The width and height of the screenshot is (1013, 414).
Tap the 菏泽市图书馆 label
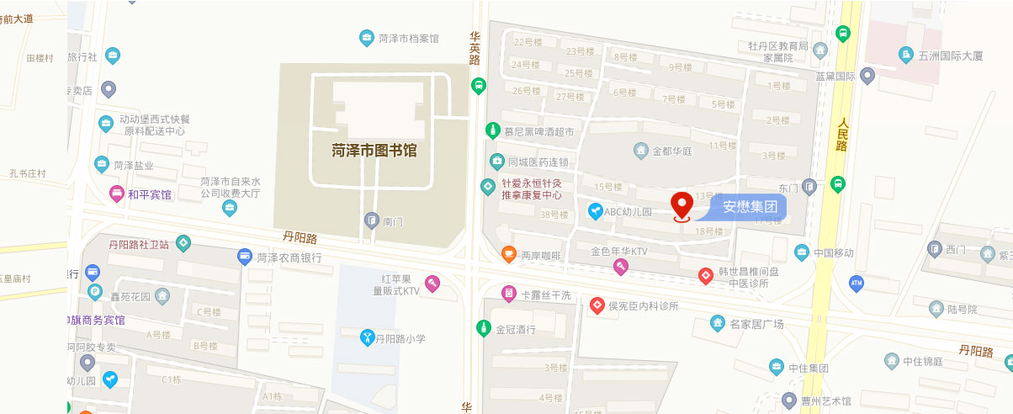pos(374,151)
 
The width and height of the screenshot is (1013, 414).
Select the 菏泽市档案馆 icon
pos(367,38)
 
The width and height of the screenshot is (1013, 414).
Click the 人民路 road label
pos(841,134)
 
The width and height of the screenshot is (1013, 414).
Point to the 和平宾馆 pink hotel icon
pos(116,194)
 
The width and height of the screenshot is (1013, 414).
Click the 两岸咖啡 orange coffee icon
pos(508,253)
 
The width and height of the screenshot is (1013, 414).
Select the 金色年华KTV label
pos(619,251)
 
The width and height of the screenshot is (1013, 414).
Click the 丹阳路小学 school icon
pos(367,338)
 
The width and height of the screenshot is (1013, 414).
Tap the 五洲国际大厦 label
pos(951,56)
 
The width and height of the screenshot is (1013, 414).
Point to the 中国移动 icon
pos(801,252)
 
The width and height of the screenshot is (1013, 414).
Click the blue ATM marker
pos(857,284)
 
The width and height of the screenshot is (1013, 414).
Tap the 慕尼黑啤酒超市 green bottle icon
pos(492,130)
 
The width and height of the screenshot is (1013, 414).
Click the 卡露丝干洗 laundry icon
pos(508,294)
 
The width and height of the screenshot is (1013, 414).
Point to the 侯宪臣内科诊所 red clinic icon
pos(597,305)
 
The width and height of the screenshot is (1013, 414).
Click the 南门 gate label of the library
pos(394,221)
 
